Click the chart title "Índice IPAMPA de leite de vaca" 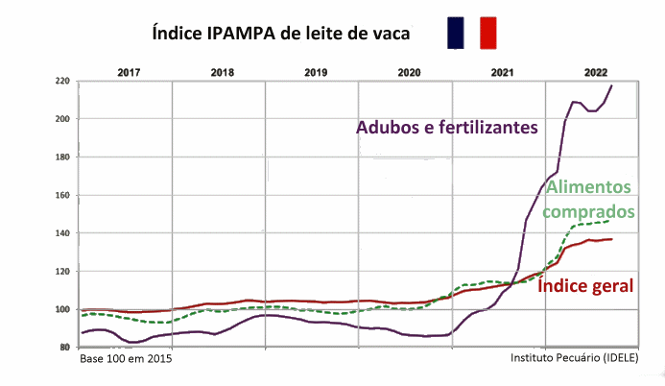pyautogui.click(x=281, y=33)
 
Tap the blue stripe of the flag pyautogui.click(x=456, y=33)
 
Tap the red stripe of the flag pyautogui.click(x=488, y=33)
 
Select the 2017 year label pyautogui.click(x=129, y=73)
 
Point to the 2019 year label pyautogui.click(x=316, y=73)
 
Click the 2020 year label pyautogui.click(x=409, y=73)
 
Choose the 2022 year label pyautogui.click(x=596, y=73)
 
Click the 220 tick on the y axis pyautogui.click(x=62, y=81)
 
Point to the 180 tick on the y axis pyautogui.click(x=62, y=157)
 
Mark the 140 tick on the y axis pyautogui.click(x=62, y=233)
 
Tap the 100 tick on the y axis pyautogui.click(x=62, y=309)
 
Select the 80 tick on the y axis pyautogui.click(x=64, y=348)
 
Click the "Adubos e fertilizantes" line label pyautogui.click(x=447, y=127)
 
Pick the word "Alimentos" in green pyautogui.click(x=588, y=187)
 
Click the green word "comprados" pyautogui.click(x=588, y=211)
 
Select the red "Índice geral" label pyautogui.click(x=585, y=285)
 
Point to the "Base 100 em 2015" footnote pyautogui.click(x=126, y=359)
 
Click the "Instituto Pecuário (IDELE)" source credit pyautogui.click(x=574, y=358)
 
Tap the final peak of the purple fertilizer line pyautogui.click(x=611, y=85)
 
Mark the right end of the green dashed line pyautogui.click(x=609, y=221)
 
